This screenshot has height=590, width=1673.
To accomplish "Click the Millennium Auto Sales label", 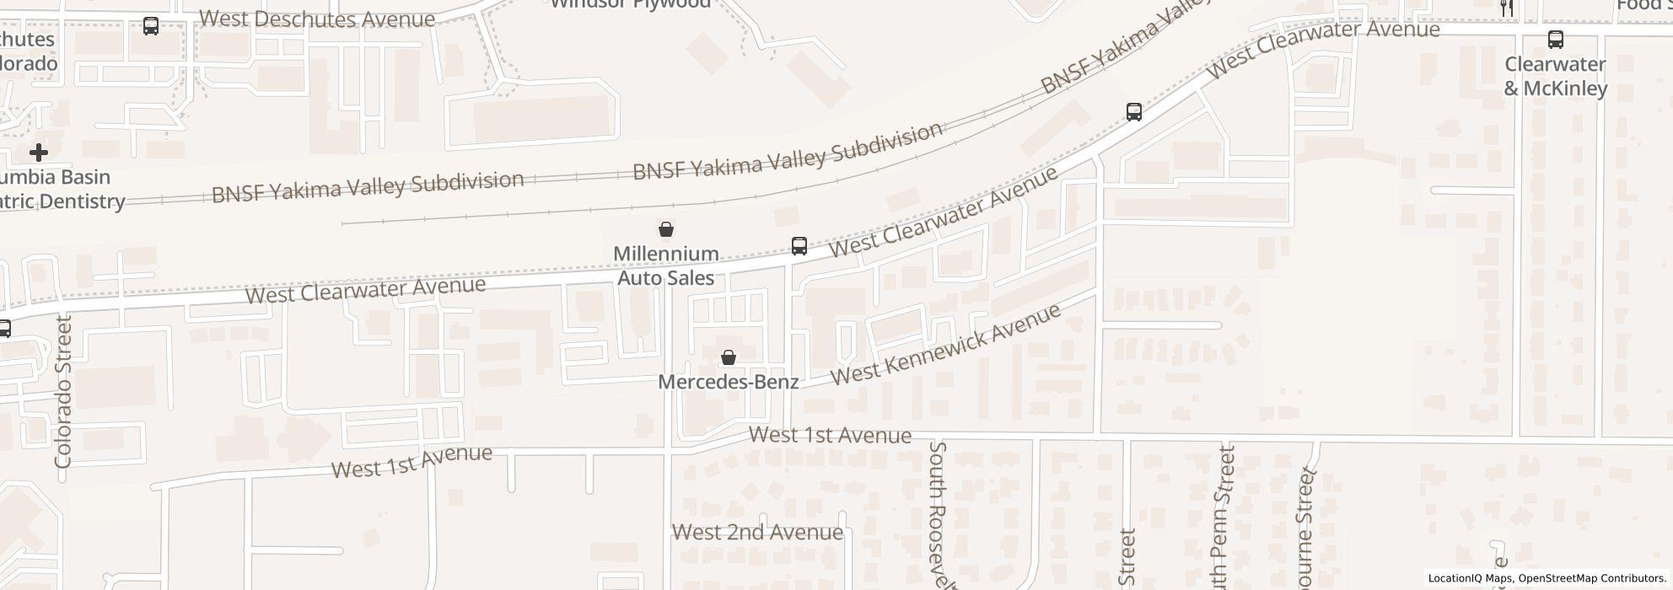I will tap(665, 265).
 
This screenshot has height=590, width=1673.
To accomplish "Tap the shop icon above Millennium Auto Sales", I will tap(665, 228).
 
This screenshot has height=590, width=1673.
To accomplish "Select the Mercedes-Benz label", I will tap(728, 382).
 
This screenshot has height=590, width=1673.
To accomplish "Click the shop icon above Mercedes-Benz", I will tap(728, 357).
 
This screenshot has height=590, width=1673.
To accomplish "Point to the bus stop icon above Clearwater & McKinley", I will tap(1555, 39).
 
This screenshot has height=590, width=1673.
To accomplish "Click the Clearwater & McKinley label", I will tap(1556, 76).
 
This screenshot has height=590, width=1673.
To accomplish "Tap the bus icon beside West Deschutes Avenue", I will tap(151, 26).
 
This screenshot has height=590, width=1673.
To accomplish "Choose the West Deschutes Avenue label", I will tap(317, 19).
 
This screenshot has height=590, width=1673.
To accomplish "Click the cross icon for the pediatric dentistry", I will tap(38, 153).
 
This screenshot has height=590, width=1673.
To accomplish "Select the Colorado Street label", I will tap(63, 392).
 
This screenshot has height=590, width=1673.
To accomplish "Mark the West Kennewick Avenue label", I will tap(945, 344).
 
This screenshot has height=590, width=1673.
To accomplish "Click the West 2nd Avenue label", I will tap(757, 533).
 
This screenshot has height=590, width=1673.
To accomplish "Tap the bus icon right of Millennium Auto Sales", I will tap(799, 246).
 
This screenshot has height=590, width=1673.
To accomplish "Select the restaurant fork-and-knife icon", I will tap(1506, 8).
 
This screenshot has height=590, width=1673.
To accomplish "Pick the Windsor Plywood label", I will tap(630, 4).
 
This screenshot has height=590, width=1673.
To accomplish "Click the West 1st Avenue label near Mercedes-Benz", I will tap(830, 435).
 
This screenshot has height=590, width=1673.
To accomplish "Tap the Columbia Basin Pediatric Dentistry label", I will tap(59, 190).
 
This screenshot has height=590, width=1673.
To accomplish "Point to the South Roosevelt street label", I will tap(939, 514).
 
